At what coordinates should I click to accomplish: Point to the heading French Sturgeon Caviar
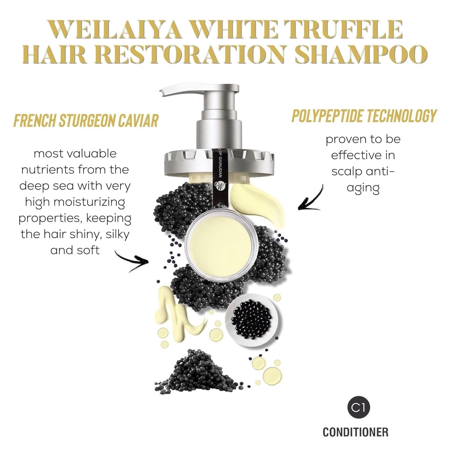(x=86, y=120)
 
